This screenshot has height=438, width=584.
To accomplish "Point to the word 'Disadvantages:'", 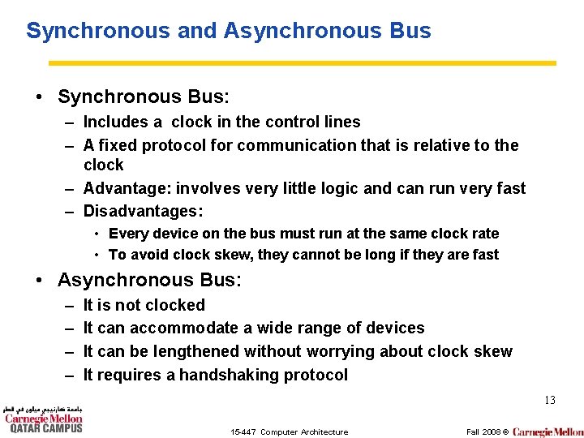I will [x=143, y=211].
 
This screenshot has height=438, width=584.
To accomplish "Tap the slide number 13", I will [x=549, y=400].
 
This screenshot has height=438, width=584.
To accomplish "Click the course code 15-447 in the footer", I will [x=243, y=432].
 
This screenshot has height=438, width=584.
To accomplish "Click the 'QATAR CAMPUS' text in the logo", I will [x=45, y=428].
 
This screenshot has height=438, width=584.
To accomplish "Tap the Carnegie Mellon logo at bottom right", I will [x=547, y=432].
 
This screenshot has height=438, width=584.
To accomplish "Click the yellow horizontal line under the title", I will [x=303, y=62].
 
